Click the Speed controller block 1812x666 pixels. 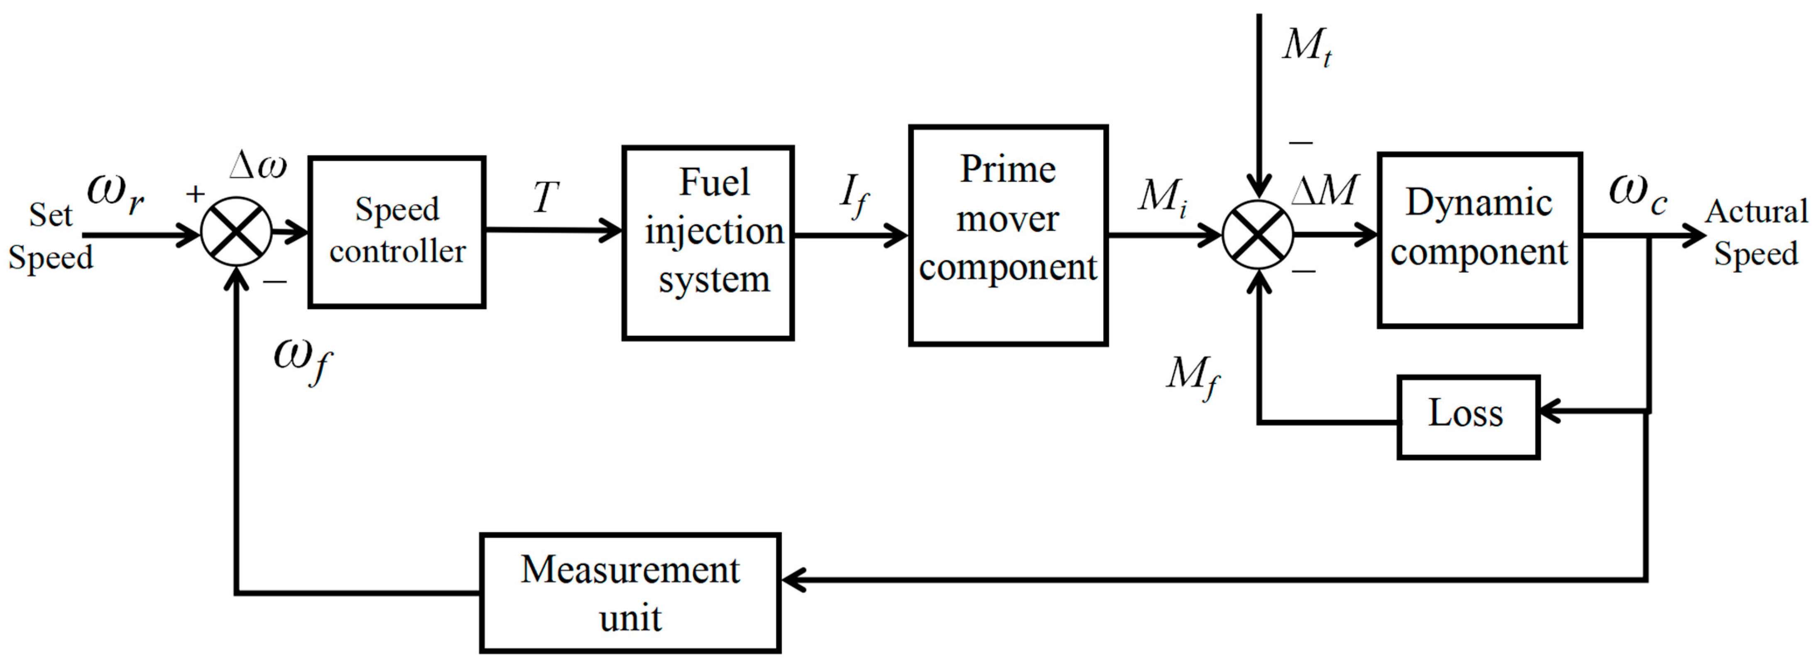point(397,231)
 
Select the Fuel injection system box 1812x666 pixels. point(708,242)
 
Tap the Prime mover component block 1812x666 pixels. point(1008,235)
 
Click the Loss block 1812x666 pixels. point(1468,417)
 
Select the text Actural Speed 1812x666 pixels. point(1756,232)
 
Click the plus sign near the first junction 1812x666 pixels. point(195,193)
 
